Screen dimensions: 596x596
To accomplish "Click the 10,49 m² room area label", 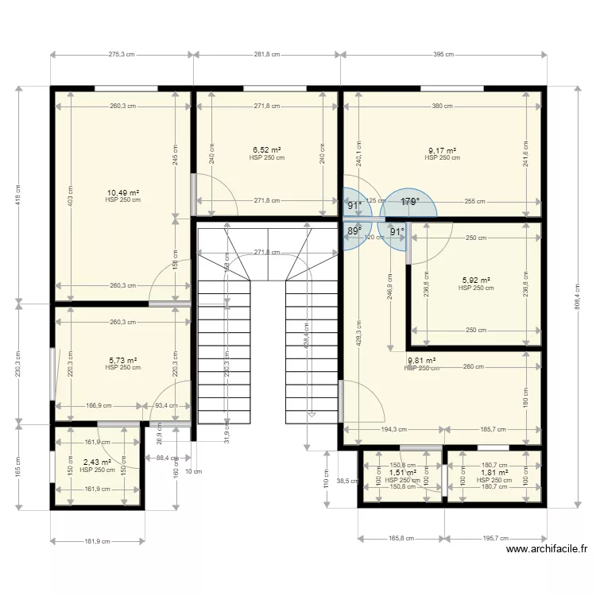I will coord(123,192).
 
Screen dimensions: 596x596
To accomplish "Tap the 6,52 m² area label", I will coord(267,149).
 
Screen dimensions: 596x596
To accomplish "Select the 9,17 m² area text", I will coord(442,150).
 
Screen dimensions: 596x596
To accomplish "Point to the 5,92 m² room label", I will coord(476,280).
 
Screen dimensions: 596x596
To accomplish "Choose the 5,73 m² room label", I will coord(123,360).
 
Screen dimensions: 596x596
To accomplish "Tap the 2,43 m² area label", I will coord(97,462).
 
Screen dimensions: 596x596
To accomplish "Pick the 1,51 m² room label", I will coord(402,473).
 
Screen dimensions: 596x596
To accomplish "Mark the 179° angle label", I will coord(409,203).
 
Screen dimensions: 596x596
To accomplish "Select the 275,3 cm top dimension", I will coord(121,55).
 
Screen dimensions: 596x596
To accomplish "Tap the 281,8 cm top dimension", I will coord(266,55).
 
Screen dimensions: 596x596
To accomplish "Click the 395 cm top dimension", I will coord(443,55).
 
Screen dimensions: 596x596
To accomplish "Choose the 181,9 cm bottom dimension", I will coord(97,542).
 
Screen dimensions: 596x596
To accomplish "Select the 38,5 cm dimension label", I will coord(343,481).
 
